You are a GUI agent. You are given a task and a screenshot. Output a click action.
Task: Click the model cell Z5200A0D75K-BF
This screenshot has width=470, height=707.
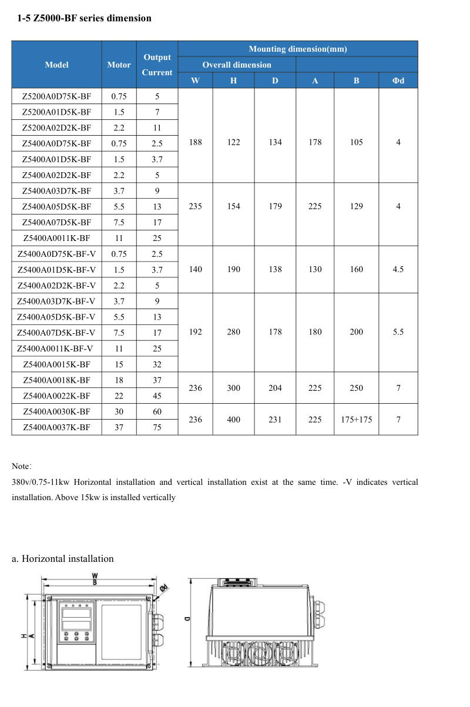[56, 96]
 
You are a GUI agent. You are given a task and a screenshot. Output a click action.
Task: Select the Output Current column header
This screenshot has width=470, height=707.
[157, 65]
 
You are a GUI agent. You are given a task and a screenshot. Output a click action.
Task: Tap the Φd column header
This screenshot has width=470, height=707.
[398, 81]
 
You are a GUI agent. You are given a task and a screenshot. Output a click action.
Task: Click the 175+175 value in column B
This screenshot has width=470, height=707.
[357, 420]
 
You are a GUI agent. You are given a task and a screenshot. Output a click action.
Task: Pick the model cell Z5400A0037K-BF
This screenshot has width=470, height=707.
[56, 427]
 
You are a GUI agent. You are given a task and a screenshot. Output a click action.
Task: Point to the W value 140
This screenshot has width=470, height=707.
[196, 269]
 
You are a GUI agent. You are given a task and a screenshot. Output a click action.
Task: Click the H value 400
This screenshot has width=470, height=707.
[234, 420]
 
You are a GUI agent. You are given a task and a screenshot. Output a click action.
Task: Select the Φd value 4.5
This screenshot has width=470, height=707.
[398, 269]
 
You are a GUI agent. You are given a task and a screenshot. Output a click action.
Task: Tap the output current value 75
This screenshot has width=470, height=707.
[157, 427]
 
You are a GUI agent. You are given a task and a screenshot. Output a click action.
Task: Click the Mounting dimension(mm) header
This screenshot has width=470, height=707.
[298, 49]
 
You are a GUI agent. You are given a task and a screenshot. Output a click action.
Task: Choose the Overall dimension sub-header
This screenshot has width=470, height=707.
[237, 65]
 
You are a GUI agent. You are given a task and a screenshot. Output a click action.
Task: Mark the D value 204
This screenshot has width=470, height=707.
[275, 388]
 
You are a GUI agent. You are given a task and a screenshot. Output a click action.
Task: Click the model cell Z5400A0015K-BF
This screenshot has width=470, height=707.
[56, 364]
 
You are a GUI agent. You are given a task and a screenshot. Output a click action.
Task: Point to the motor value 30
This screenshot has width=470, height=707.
[119, 411]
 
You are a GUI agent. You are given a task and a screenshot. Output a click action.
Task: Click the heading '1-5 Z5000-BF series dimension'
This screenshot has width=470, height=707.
[85, 18]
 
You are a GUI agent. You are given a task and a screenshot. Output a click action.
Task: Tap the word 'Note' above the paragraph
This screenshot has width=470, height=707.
[21, 467]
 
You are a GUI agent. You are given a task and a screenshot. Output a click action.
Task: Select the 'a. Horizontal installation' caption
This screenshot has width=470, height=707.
[63, 558]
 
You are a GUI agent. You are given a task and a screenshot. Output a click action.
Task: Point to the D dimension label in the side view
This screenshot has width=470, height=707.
[186, 618]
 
